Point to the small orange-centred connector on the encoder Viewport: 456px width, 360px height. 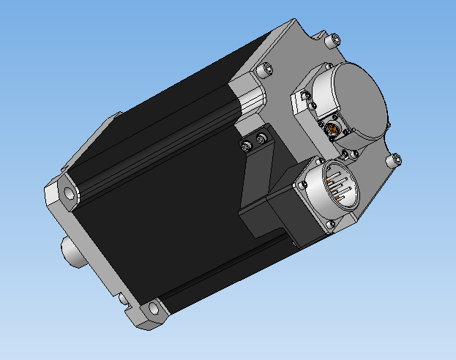point(334,130)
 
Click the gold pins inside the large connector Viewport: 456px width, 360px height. point(339,189)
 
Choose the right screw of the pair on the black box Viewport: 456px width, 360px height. point(261,139)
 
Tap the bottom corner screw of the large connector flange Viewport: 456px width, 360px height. point(334,223)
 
